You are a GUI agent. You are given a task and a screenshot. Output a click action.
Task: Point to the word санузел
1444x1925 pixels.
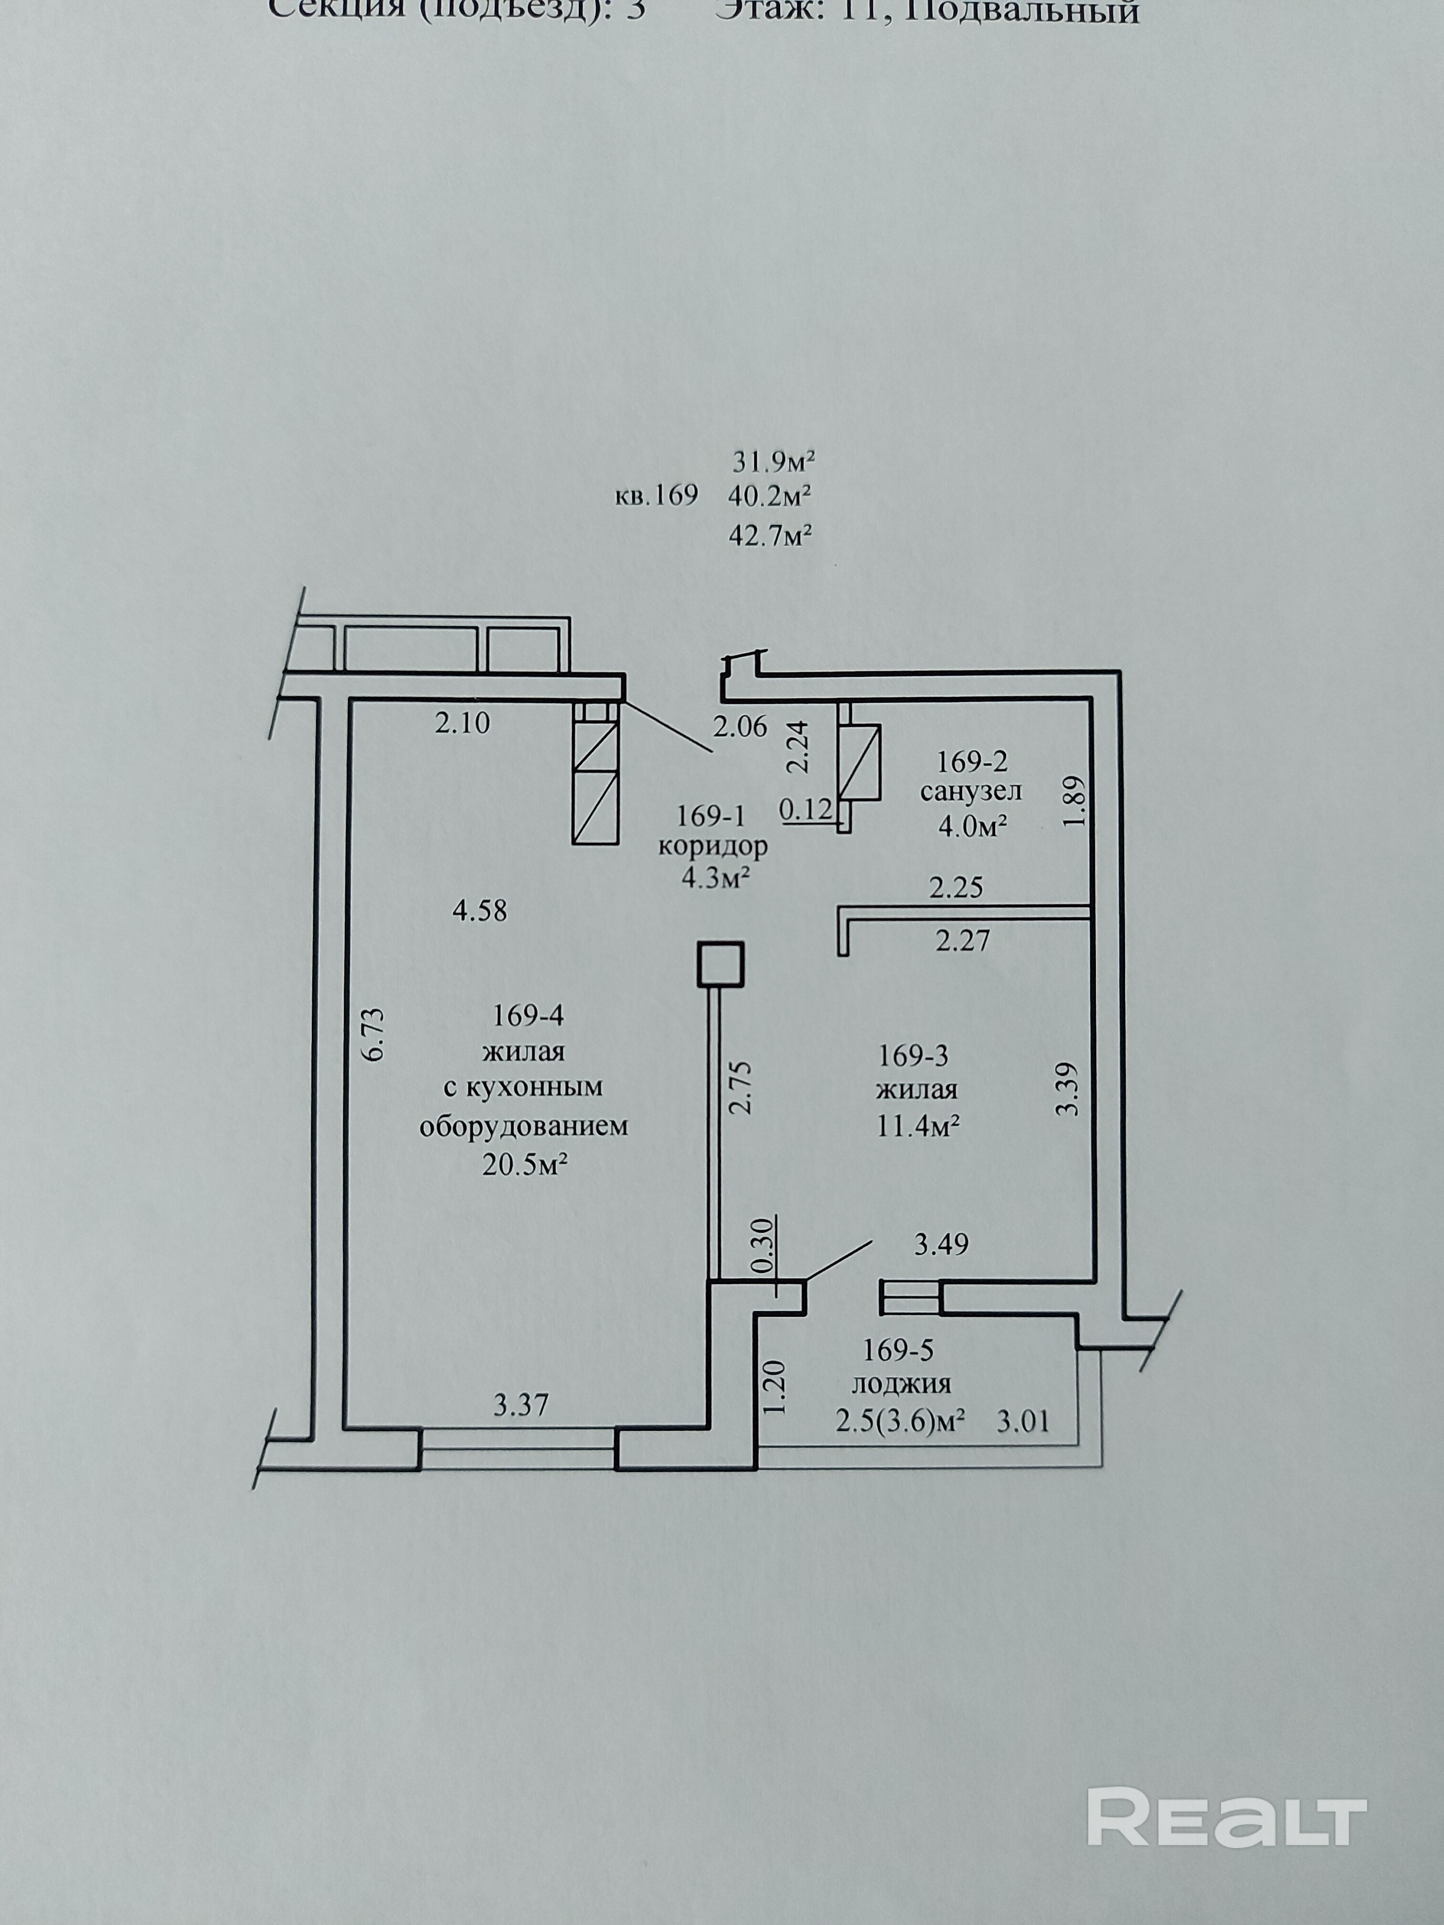coord(970,792)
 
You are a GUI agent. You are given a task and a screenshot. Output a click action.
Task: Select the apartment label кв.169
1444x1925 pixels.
coord(656,496)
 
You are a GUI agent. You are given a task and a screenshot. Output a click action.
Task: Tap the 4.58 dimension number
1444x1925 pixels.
coord(479,911)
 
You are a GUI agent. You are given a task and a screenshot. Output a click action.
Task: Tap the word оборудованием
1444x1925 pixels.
coord(524,1127)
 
